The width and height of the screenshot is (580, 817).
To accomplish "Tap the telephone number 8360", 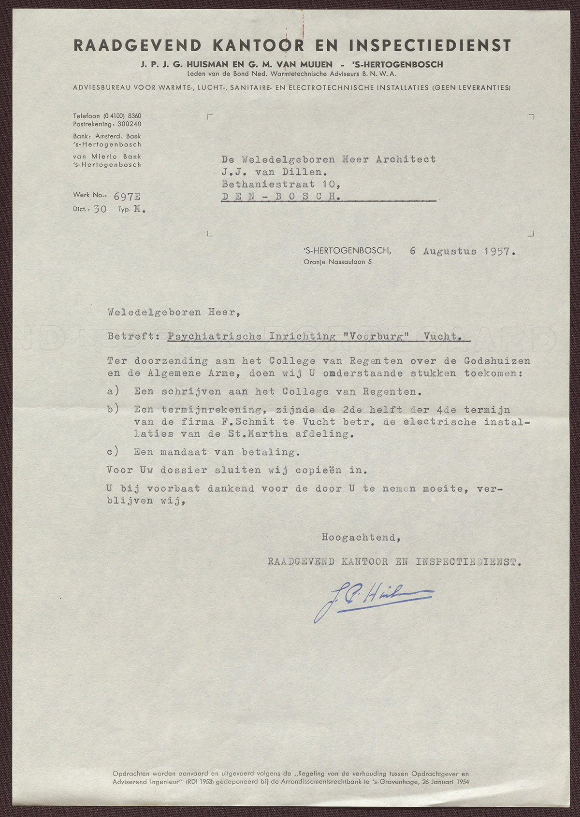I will click(x=134, y=116).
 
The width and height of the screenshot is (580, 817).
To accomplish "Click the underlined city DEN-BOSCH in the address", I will click(x=281, y=197).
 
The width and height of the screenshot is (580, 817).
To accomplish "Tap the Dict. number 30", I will click(x=100, y=210).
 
